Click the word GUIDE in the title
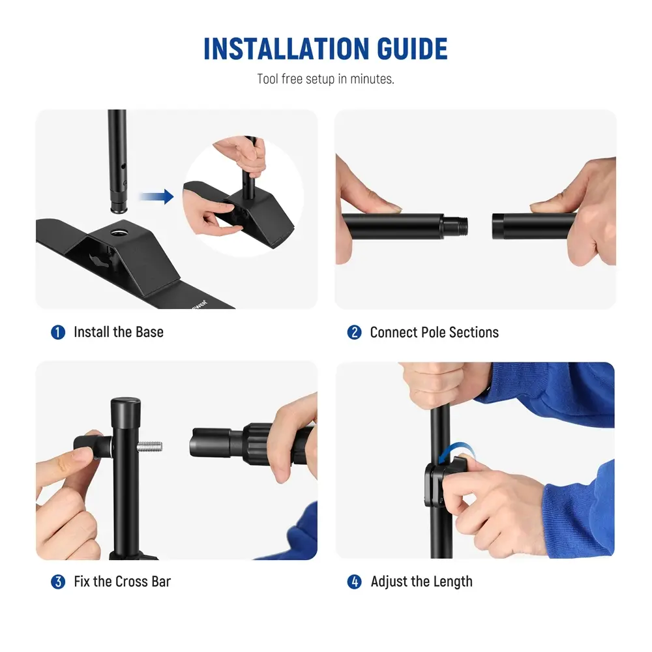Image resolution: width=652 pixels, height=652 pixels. [x=412, y=49]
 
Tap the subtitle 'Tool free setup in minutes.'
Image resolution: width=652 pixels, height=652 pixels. [x=325, y=79]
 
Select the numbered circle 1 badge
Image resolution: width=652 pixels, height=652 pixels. [x=58, y=333]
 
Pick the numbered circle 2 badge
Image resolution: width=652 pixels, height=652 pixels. [x=354, y=333]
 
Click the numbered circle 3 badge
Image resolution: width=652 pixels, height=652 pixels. [x=58, y=582]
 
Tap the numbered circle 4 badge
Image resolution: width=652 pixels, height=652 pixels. [x=354, y=582]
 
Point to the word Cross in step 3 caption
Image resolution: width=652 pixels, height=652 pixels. [x=131, y=582]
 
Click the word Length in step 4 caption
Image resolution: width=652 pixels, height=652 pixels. [x=452, y=582]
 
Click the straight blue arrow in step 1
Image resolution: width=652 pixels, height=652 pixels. [x=156, y=196]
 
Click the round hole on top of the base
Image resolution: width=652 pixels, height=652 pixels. [x=119, y=233]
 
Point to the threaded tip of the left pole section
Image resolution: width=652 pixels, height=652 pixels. [x=455, y=226]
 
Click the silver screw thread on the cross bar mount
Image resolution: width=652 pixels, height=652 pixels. [x=150, y=447]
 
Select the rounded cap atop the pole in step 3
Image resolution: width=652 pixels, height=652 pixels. [x=126, y=409]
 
